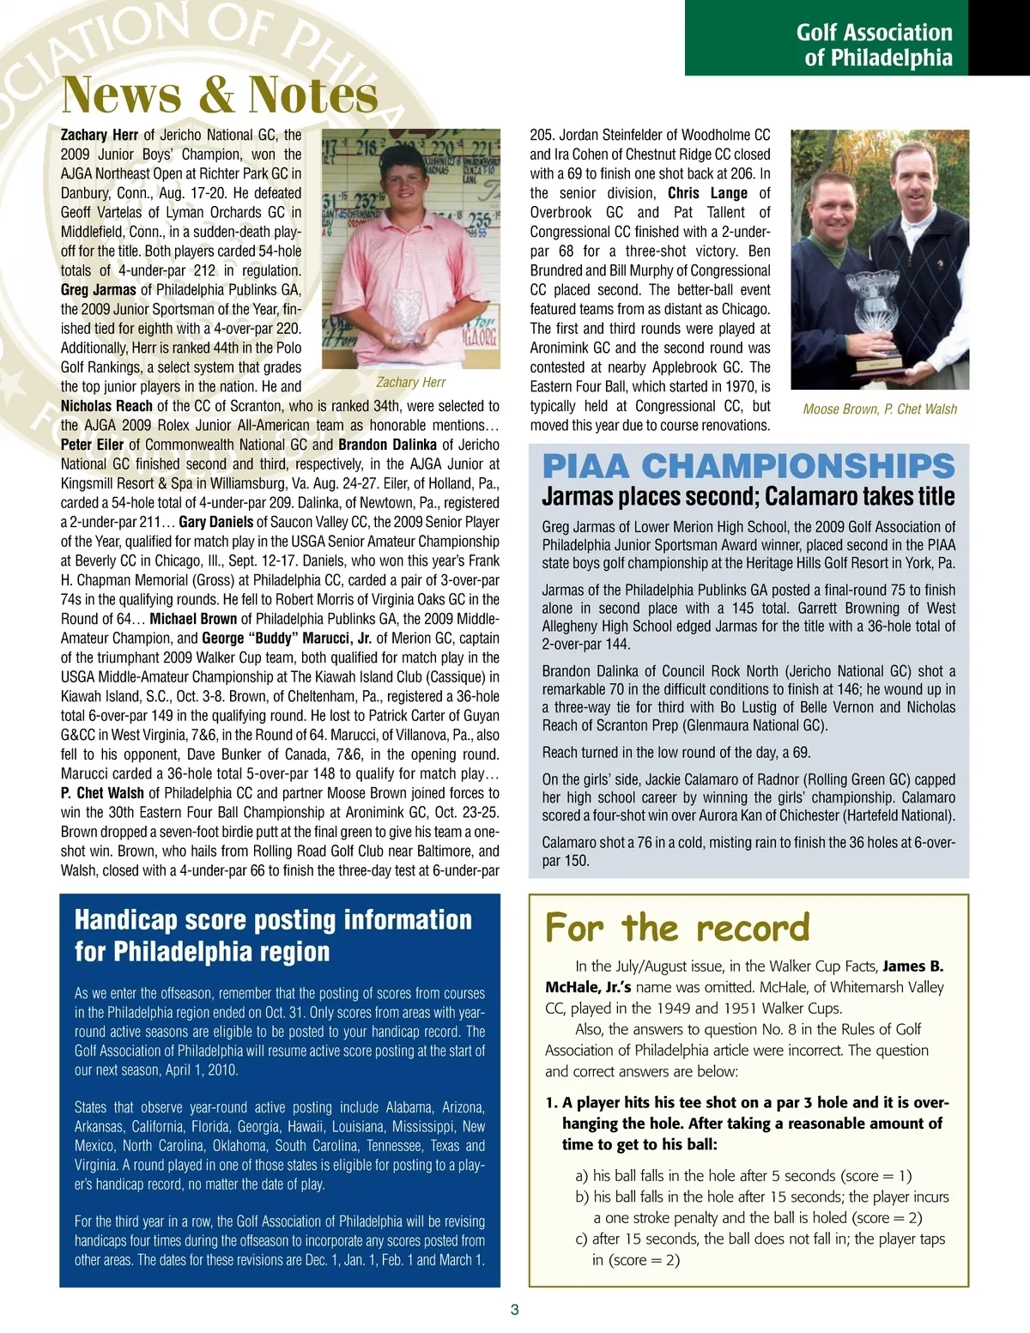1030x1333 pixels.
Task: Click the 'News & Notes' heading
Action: [220, 94]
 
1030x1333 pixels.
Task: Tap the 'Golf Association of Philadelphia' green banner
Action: [874, 45]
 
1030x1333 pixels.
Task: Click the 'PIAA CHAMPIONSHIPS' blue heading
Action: [748, 466]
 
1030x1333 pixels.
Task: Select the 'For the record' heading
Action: [677, 927]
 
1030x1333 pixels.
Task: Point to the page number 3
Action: [514, 1310]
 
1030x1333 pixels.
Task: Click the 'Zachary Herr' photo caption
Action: [411, 382]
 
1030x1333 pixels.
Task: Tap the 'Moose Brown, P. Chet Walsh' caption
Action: [879, 409]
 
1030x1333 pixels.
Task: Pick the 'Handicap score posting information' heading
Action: [273, 936]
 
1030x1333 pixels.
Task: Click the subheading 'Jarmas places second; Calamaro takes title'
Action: [748, 496]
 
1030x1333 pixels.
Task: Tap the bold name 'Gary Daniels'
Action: [216, 522]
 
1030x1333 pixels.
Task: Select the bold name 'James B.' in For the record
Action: [912, 966]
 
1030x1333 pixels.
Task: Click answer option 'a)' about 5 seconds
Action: [743, 1176]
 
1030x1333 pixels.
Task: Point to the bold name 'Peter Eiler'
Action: [92, 445]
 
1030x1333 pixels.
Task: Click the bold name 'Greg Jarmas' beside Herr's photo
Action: [98, 290]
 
